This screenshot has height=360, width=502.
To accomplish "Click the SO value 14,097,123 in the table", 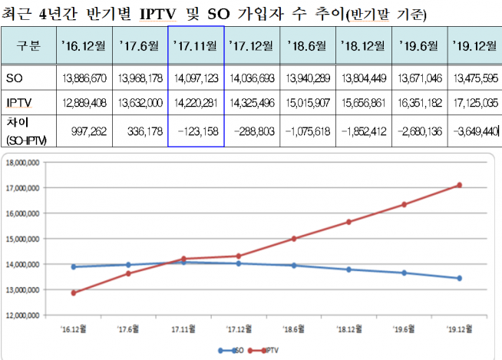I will [196, 78].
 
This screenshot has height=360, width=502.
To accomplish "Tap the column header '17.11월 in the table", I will [196, 44].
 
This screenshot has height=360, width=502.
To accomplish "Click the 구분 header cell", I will [28, 44].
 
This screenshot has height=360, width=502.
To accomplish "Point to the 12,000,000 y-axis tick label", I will [26, 315].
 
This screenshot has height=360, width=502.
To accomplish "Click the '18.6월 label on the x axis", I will [292, 327].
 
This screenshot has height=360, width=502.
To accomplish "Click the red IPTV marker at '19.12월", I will [459, 185].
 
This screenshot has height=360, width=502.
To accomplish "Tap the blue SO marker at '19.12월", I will [459, 278].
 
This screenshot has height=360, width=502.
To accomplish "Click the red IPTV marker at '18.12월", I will [348, 222].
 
